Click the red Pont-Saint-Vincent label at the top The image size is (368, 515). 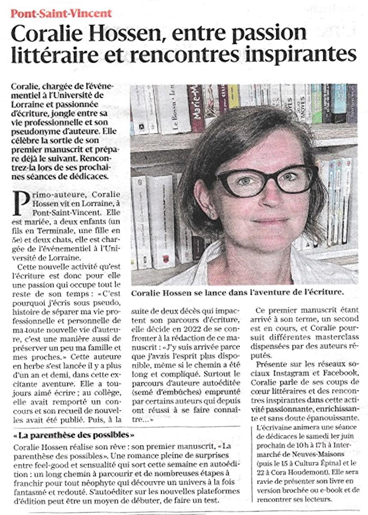(61, 13)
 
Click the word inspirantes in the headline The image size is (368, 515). (301, 54)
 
